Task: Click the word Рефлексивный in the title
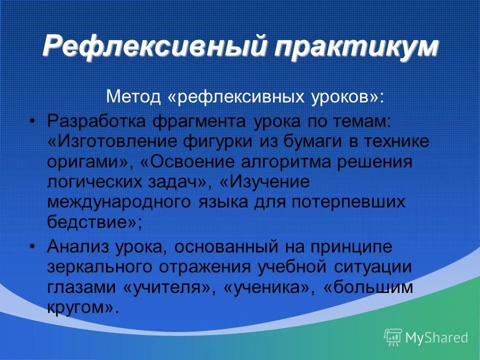150,47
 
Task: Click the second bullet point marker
33,246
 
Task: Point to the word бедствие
90,222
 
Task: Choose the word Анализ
77,246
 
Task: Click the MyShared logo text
436,337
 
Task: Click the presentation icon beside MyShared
393,337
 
